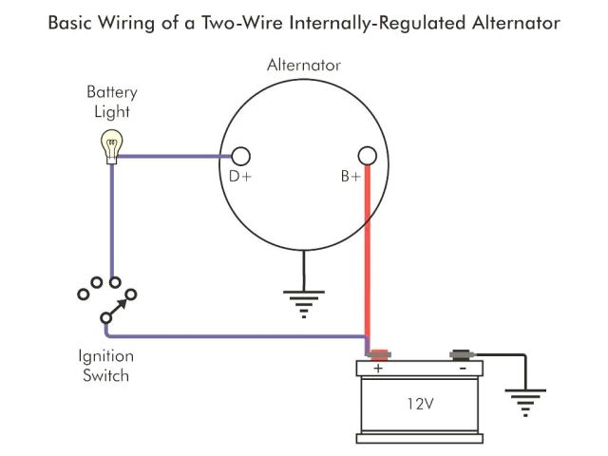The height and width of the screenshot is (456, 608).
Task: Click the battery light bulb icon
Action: point(112,146)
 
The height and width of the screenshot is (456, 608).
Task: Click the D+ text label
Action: point(240,177)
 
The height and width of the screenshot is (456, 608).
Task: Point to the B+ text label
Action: point(351,177)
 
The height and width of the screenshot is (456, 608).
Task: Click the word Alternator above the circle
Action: point(304,65)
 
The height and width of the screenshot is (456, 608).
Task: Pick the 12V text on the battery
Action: point(420,404)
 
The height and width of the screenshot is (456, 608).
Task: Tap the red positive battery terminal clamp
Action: point(379,354)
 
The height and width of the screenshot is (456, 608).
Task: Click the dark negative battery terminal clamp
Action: point(463,354)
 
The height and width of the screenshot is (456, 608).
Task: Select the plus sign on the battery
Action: point(378,368)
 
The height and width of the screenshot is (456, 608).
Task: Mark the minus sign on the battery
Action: point(463,368)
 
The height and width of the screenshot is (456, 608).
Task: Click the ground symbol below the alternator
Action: point(304,304)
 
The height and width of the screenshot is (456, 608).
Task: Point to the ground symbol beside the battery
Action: point(525,403)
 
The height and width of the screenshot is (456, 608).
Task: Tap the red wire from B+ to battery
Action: point(368,258)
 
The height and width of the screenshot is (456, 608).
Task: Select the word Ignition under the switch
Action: point(106,356)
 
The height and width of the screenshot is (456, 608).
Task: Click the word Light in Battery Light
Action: point(112,112)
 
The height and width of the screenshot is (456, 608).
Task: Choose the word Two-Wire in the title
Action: point(242,23)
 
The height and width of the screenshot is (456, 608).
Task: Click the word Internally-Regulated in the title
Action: point(378,23)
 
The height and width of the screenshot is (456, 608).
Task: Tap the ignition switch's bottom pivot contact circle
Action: point(105,318)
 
